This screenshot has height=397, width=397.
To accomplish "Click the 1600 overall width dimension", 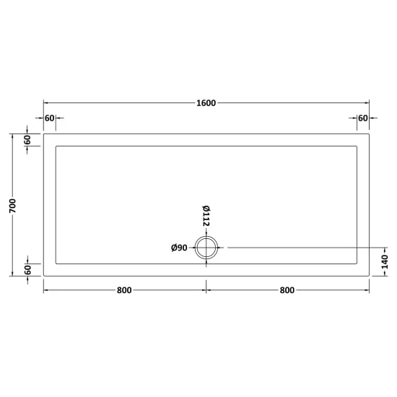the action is [206, 103].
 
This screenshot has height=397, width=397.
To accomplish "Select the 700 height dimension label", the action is [13, 206].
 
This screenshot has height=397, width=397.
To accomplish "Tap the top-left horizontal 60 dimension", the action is [49, 118].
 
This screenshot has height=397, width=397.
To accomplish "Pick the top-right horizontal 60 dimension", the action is [363, 118].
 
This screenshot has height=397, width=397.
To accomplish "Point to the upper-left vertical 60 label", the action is [27, 140].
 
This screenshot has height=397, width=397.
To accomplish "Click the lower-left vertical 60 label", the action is [28, 270].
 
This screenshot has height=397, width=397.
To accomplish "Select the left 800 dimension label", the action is [124, 290].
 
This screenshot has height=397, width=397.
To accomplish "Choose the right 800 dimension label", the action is [287, 290].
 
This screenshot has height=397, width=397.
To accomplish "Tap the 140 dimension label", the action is [384, 262].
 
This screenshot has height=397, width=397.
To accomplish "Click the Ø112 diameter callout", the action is [206, 216].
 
